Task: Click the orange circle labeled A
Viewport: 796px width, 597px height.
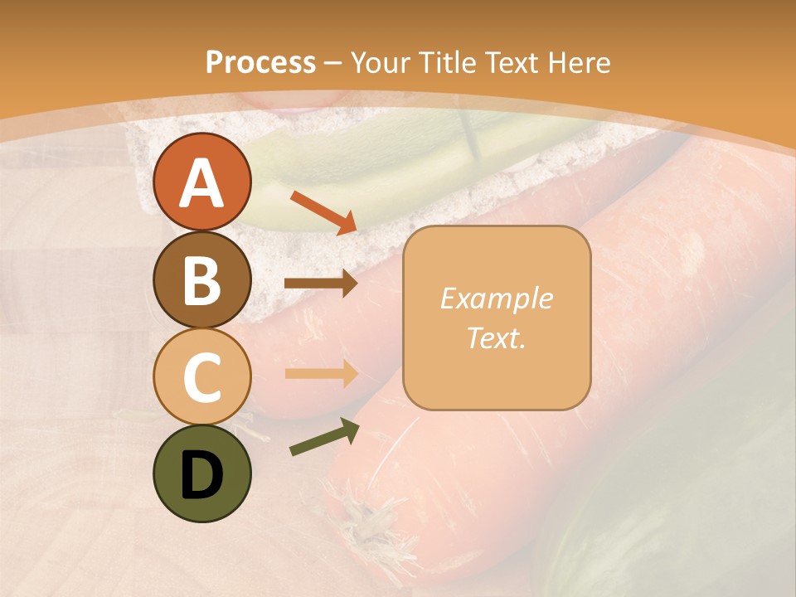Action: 201,182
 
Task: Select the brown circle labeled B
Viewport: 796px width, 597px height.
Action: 201,279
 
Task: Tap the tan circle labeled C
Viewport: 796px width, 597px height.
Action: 201,376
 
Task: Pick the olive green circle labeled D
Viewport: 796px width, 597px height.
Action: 201,473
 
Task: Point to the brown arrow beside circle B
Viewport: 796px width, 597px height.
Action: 320,284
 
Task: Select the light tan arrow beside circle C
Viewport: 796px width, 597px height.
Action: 320,373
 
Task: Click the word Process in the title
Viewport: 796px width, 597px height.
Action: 260,62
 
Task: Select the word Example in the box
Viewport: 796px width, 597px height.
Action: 496,298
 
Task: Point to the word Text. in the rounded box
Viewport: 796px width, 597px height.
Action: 496,337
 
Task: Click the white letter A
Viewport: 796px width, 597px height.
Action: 201,183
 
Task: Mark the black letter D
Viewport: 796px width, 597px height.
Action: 201,474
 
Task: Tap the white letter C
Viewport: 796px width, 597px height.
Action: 201,377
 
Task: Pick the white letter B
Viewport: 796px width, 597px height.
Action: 201,280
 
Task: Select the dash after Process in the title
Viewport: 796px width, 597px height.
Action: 332,63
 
